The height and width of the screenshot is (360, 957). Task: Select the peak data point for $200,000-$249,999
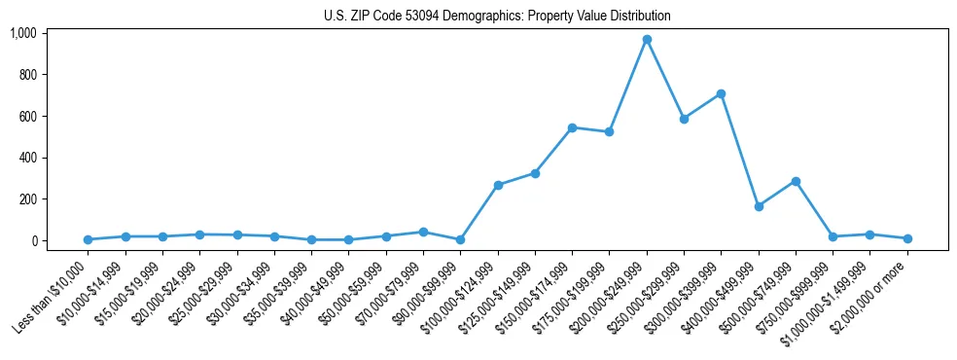(x=647, y=40)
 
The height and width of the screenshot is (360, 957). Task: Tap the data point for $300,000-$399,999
(x=721, y=94)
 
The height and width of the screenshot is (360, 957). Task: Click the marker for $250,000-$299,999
(x=684, y=119)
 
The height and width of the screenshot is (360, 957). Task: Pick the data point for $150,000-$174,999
(x=572, y=127)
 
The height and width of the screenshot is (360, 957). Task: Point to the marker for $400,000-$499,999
(x=759, y=206)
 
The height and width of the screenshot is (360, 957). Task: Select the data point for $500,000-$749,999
(x=796, y=181)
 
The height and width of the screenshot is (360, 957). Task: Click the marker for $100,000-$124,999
(x=498, y=185)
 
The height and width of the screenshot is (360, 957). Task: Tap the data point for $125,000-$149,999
(x=535, y=173)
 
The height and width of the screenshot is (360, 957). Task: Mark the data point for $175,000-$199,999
(x=609, y=131)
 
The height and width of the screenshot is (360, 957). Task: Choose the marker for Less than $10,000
(x=88, y=239)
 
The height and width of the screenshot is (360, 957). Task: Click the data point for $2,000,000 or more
(x=907, y=238)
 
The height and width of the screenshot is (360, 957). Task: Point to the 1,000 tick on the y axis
(x=22, y=33)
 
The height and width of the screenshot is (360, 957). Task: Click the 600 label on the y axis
(x=26, y=116)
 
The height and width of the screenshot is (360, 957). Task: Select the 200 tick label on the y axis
(x=26, y=199)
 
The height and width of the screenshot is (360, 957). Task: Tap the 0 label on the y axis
(x=32, y=240)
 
